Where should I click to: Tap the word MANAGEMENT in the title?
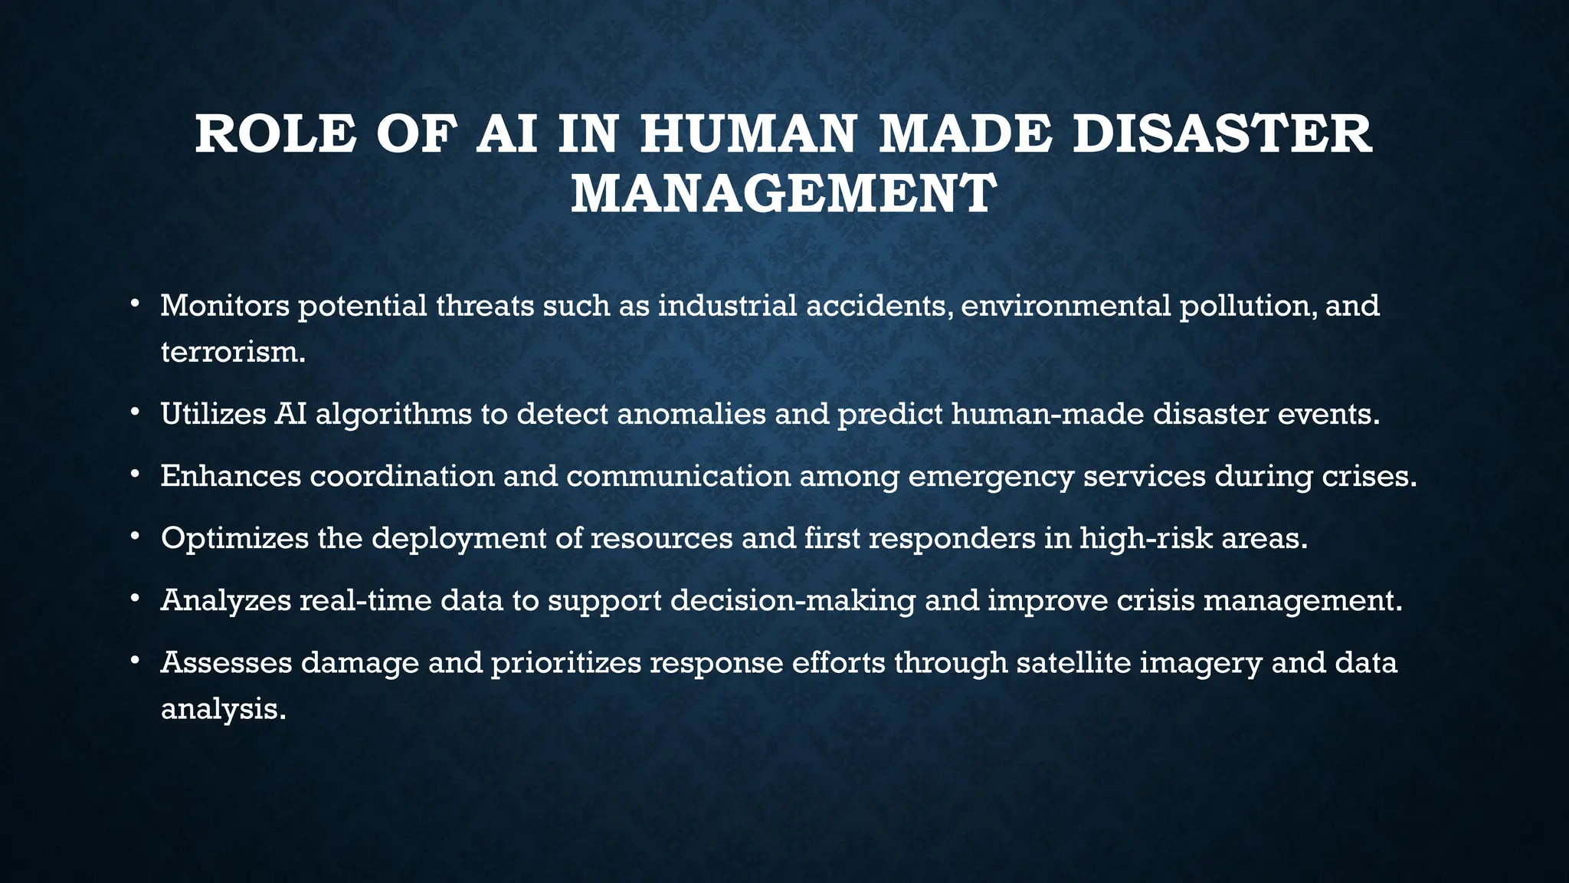783,194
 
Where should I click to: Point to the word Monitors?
224,306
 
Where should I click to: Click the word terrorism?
233,353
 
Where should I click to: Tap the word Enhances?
231,477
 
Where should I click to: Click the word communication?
678,477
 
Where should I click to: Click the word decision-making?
793,601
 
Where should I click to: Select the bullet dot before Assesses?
135,660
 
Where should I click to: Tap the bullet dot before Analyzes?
135,598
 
